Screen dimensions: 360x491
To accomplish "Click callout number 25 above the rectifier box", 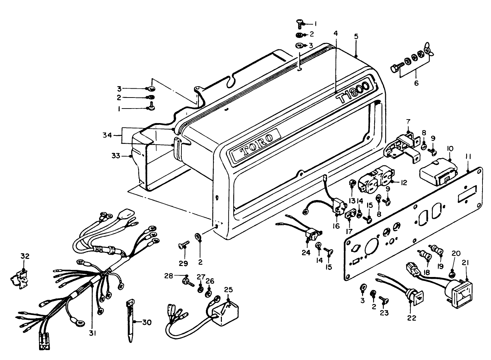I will tap(228, 289).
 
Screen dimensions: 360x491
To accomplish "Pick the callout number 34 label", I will tap(107, 135).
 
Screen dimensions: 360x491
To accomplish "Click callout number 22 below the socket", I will tap(411, 318).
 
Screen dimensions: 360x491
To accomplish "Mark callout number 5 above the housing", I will tap(356, 36).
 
